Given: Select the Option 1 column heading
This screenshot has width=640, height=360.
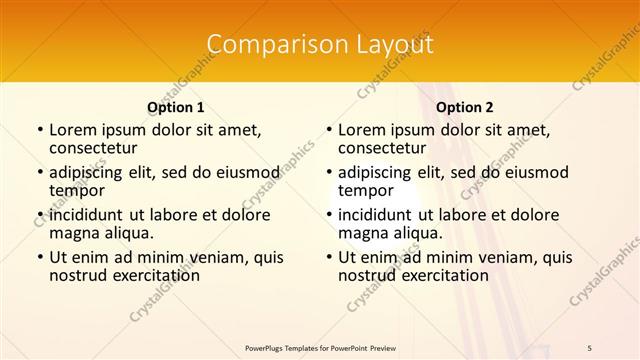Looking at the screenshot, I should click(176, 107).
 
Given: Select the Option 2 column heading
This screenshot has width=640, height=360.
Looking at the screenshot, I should click(465, 107).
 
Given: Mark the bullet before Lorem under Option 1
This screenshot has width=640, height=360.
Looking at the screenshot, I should click(39, 130).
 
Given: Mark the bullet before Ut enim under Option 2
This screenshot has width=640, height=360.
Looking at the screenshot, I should click(328, 257).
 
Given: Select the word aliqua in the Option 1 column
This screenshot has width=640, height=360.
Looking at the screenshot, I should click(128, 233).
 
